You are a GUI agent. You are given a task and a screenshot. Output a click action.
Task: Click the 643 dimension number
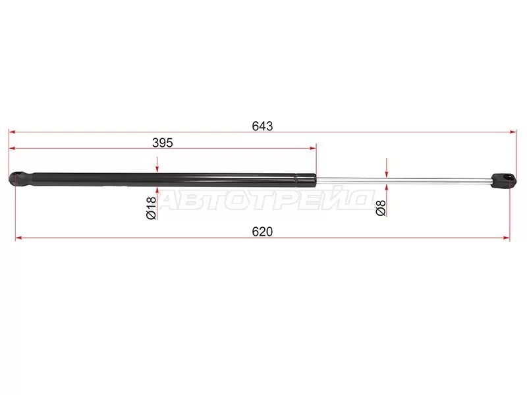click(x=262, y=126)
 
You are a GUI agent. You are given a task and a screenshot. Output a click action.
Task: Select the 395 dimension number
click(x=162, y=143)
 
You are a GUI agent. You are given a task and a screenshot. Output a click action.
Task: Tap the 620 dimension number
click(x=262, y=232)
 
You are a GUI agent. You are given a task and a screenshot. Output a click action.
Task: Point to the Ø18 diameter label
click(x=152, y=208)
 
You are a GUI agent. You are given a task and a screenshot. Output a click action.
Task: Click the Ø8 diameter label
click(x=381, y=208)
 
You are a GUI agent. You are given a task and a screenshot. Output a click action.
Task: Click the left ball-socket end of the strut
click(x=16, y=178)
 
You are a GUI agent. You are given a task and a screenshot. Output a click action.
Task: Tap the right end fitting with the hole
click(x=503, y=180)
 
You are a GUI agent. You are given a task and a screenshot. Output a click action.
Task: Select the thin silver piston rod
click(x=403, y=180)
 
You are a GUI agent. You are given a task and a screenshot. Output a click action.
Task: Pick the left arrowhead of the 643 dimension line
click(x=12, y=132)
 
